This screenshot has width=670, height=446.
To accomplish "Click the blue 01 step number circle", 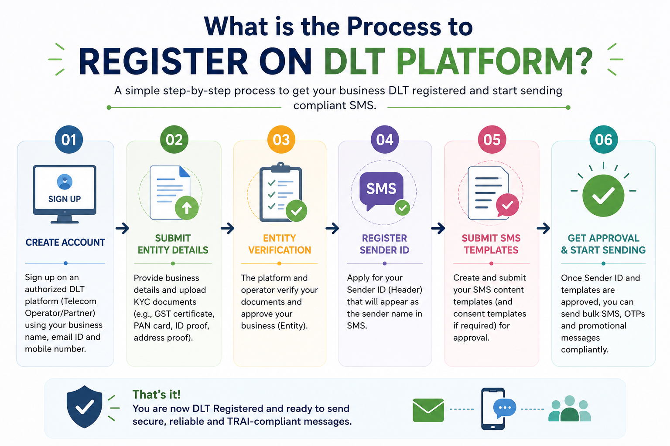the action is (69, 139).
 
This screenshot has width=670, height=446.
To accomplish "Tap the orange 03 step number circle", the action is (281, 139).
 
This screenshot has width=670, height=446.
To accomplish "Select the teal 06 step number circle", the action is (604, 139).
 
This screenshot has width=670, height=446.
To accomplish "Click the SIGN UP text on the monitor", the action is (65, 199).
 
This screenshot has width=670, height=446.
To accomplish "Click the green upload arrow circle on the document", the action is (187, 208).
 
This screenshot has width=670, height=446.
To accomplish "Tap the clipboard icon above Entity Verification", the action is (281, 192).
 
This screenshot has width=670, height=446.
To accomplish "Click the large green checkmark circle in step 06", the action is (603, 196).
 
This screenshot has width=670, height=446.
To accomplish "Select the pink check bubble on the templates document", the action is (507, 205).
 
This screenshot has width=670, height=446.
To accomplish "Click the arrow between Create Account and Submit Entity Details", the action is (122, 229).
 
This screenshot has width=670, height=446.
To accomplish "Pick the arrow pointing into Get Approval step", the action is (544, 229).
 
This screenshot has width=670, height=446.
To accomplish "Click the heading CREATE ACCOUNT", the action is (65, 242).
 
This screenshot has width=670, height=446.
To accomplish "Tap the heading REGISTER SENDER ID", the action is (384, 244).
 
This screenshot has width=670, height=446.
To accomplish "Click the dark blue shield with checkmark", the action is (84, 406).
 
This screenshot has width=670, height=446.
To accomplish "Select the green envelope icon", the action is (428, 410).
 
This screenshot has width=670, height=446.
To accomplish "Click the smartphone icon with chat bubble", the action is (498, 409).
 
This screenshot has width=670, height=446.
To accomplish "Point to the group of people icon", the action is (570, 409).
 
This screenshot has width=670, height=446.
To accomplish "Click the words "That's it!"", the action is (157, 394).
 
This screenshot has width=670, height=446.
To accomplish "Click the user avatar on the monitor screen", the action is (65, 182).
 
